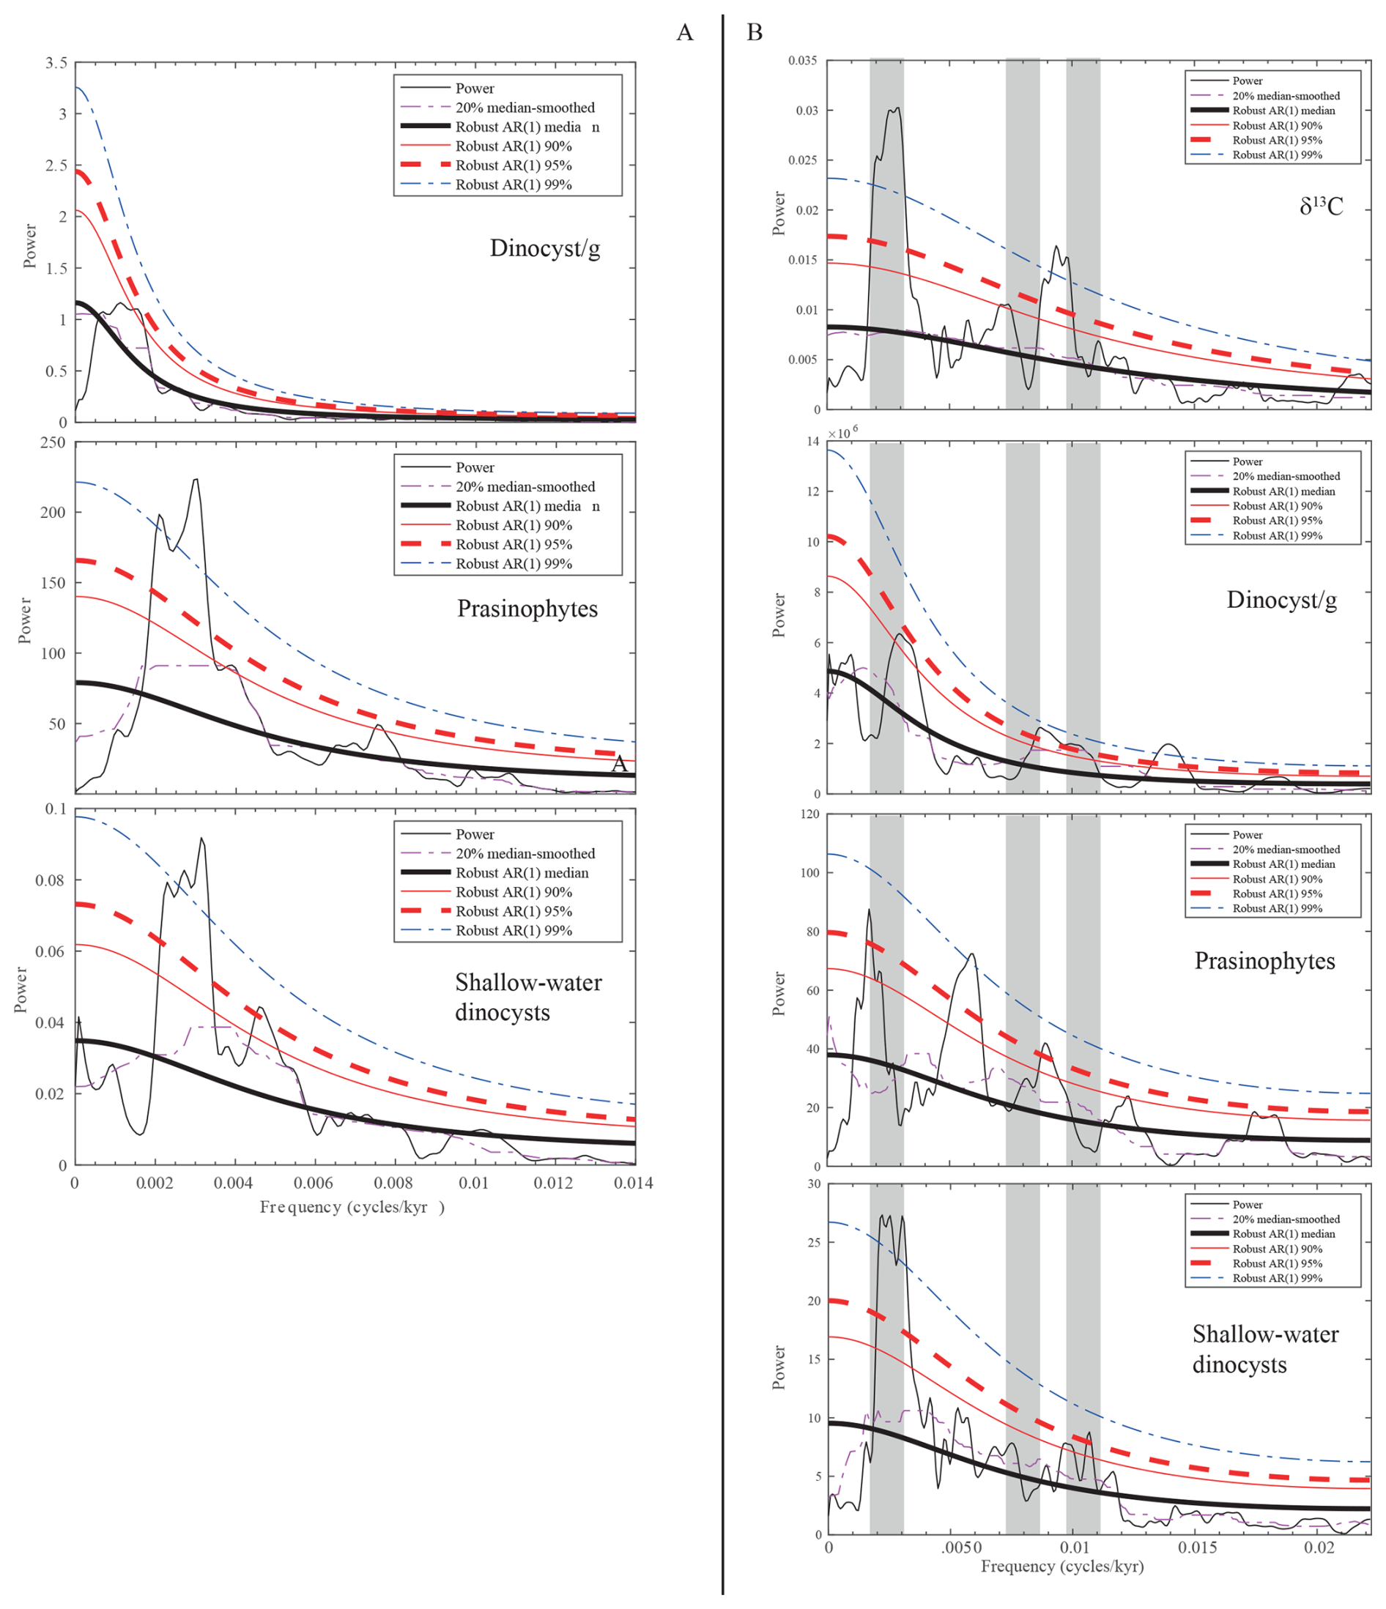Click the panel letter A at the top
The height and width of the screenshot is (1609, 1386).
point(683,33)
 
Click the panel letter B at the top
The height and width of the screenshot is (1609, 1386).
point(754,33)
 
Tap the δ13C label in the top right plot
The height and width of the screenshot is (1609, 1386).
point(1320,206)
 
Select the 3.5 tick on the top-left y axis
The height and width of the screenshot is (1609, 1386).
point(56,63)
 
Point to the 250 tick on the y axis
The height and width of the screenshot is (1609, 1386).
point(53,442)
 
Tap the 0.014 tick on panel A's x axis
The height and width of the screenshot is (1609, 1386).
point(633,1183)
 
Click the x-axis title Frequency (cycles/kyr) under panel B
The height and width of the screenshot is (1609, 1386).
point(1061,1567)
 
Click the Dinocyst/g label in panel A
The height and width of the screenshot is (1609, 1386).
point(544,248)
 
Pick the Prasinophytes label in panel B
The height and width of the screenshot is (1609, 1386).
point(1264,961)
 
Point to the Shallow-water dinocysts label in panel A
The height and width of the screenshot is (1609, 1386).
point(527,997)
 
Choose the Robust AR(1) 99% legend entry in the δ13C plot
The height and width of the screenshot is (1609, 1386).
point(1276,155)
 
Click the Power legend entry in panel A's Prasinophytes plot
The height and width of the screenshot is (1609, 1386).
point(475,467)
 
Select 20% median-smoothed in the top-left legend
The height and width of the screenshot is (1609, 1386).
point(525,107)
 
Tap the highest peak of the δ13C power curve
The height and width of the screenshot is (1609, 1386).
point(897,108)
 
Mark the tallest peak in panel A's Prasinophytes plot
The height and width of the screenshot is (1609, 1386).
point(196,479)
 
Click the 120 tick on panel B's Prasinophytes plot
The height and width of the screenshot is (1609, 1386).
point(809,814)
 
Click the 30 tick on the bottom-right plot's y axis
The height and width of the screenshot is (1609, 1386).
point(813,1184)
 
